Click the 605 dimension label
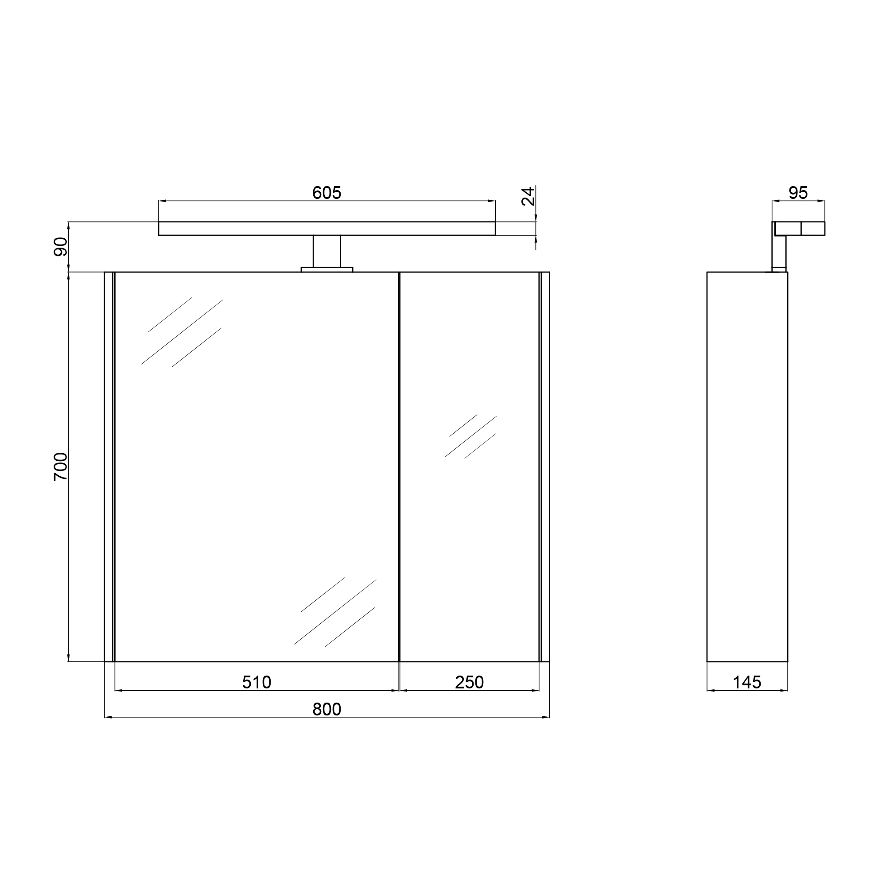pos(326,193)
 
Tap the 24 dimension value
pos(528,196)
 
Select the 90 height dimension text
pos(61,247)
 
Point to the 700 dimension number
pos(61,466)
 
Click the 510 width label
pos(256,682)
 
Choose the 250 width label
pos(469,682)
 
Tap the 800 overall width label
pos(326,709)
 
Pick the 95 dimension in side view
pos(798,193)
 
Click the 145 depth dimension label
pos(746,682)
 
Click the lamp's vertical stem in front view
pos(327,251)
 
